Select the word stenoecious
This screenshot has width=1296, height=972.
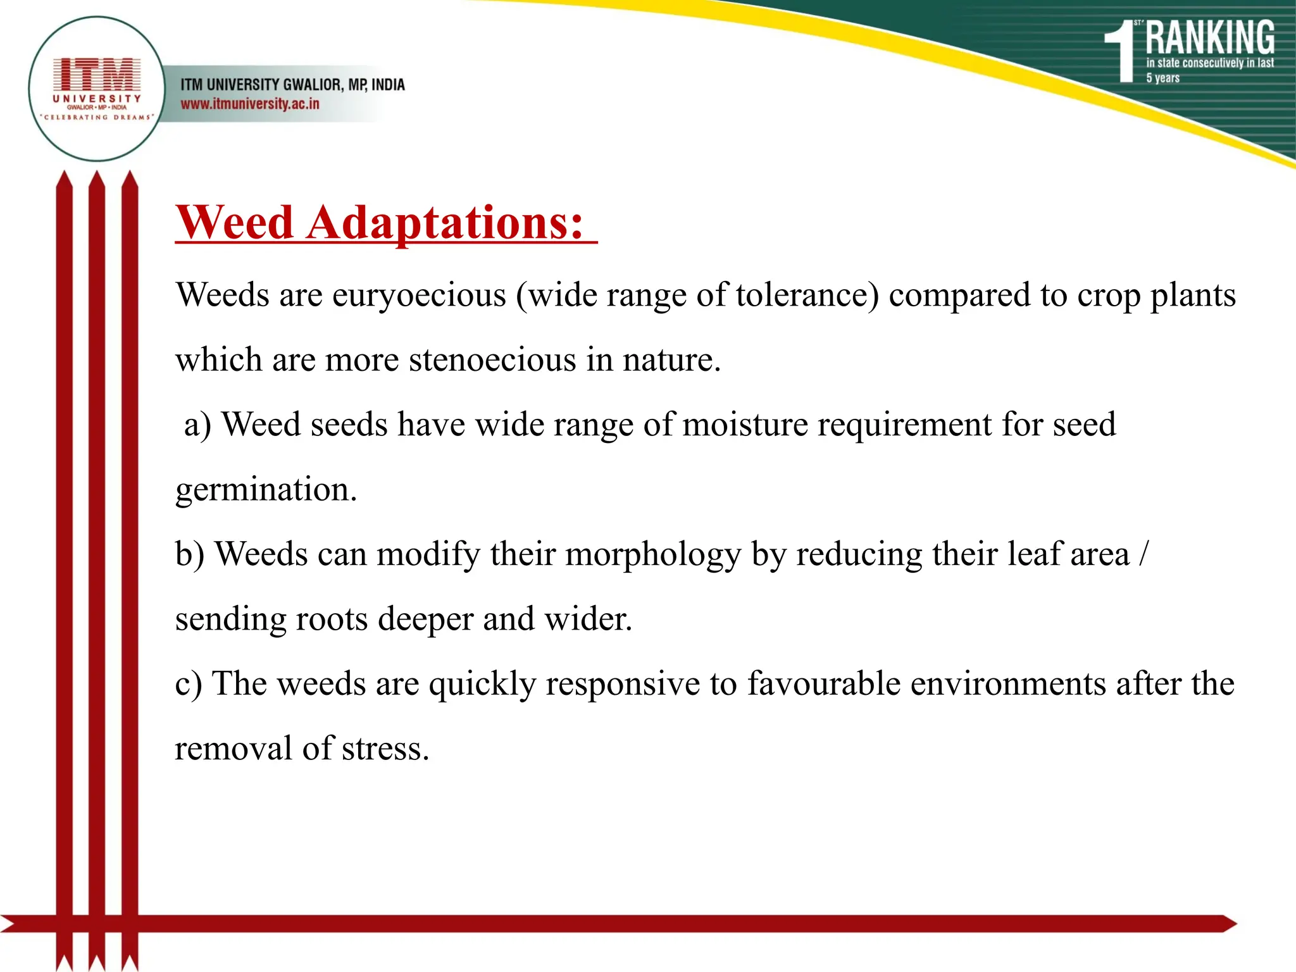pyautogui.click(x=493, y=360)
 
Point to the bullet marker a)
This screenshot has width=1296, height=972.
pyautogui.click(x=197, y=425)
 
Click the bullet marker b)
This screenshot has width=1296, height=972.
pyautogui.click(x=190, y=554)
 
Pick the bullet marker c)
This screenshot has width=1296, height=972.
pyautogui.click(x=188, y=684)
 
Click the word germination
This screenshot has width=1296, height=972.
pyautogui.click(x=266, y=490)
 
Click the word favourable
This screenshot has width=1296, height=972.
pyautogui.click(x=824, y=684)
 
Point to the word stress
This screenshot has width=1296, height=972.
pyautogui.click(x=385, y=749)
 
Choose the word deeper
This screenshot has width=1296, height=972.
pyautogui.click(x=425, y=619)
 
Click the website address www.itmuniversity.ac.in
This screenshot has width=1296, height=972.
pyautogui.click(x=250, y=104)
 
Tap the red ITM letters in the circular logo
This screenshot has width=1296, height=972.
pyautogui.click(x=97, y=75)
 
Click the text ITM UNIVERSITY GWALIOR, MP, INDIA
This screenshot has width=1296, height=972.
pyautogui.click(x=292, y=84)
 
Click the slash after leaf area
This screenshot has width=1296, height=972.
pyautogui.click(x=1143, y=554)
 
